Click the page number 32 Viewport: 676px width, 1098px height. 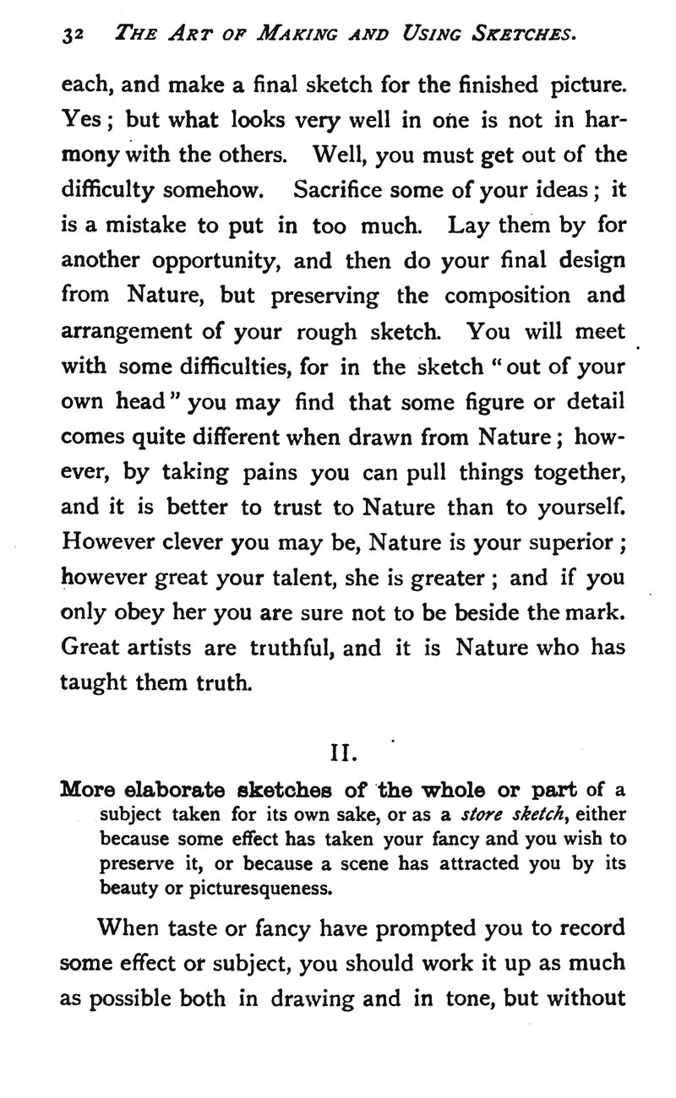click(x=70, y=35)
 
